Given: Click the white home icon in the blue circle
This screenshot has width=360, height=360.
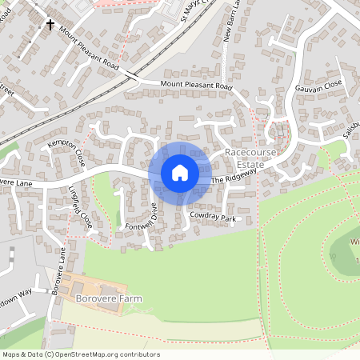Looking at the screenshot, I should pos(179,172).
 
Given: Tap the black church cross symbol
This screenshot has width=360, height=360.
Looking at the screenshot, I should pos(50,25).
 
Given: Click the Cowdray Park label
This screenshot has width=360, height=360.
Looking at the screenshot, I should pos(214,218).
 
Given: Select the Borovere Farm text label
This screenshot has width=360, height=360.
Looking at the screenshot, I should pos(108,299).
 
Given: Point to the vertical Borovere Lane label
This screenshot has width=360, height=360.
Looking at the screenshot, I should pos(58,272).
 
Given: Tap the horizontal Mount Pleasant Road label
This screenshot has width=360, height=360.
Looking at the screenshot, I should pos(196,85).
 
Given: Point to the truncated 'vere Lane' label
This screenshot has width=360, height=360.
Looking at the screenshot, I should pos(15,183).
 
